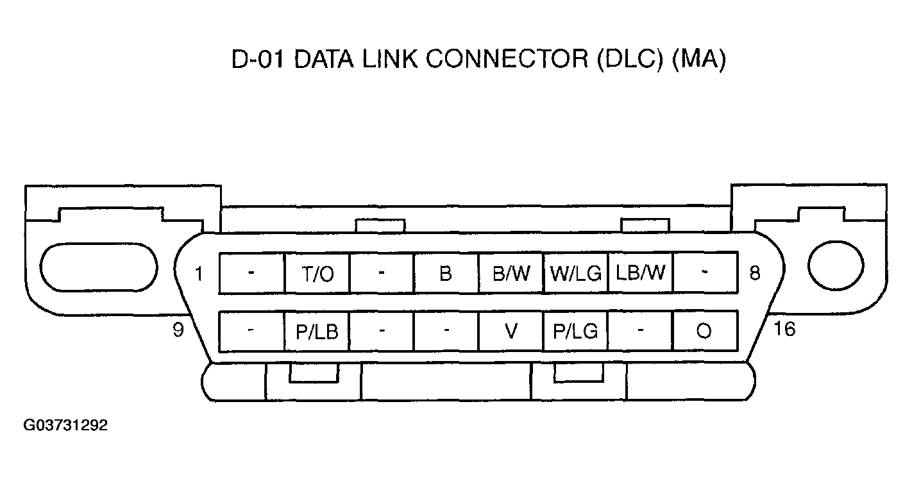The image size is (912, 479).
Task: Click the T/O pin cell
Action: tap(317, 274)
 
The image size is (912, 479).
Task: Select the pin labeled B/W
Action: tap(511, 274)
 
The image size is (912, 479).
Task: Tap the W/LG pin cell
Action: tap(575, 274)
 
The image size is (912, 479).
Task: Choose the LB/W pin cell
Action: tap(640, 274)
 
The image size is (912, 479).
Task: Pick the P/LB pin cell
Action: tap(317, 332)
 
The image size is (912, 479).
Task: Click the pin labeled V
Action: tap(511, 332)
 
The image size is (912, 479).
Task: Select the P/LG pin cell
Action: tap(575, 332)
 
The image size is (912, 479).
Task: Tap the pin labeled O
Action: tap(704, 332)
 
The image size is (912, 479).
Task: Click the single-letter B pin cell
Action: tap(446, 274)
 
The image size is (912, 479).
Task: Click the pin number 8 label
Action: tap(755, 273)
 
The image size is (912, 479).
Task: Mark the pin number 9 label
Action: tap(178, 330)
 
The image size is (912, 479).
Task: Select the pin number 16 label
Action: tap(784, 329)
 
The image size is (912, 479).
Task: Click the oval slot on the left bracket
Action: tap(98, 266)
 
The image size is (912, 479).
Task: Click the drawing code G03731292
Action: tap(65, 425)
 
